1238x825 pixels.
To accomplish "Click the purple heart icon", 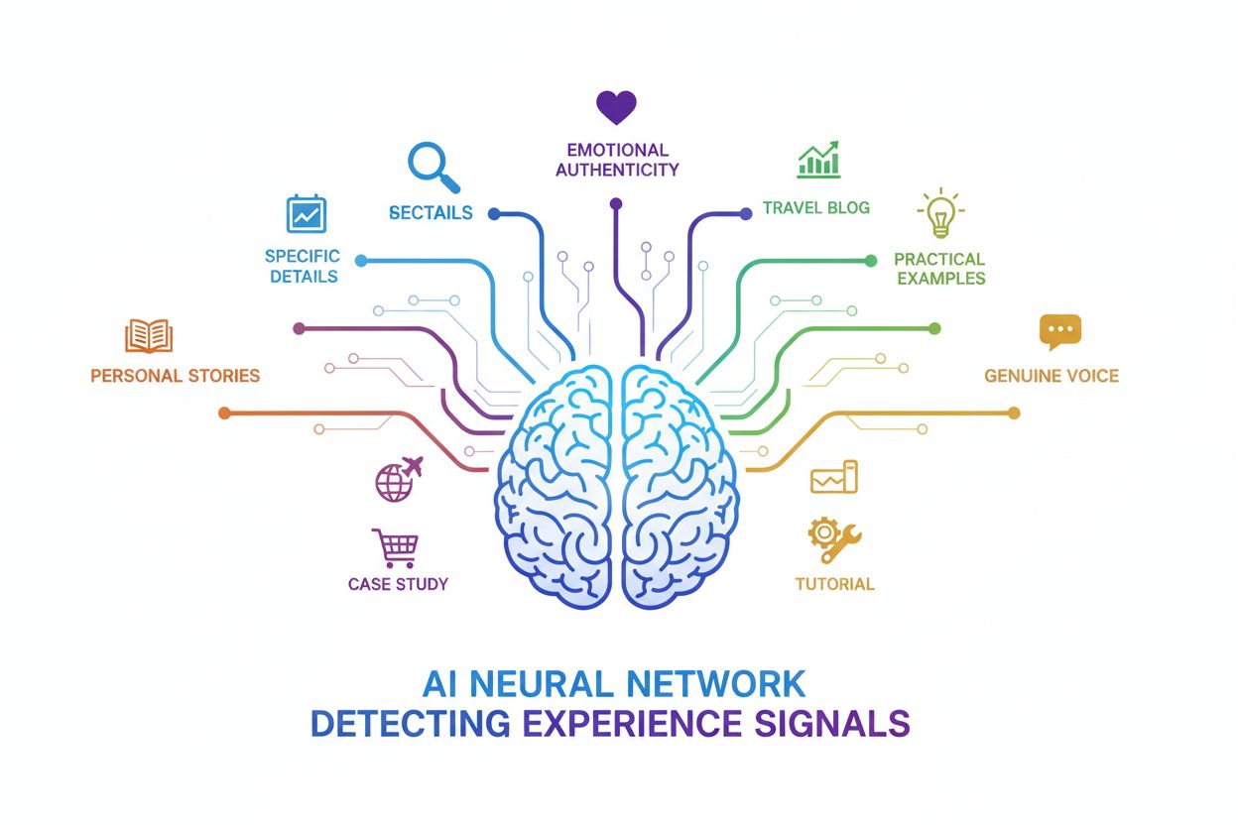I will (615, 106).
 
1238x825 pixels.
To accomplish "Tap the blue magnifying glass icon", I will (433, 167).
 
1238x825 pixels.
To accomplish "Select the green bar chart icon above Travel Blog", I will (817, 160).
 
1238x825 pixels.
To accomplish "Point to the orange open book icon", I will (149, 336).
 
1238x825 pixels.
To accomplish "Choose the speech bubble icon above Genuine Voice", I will (1059, 332).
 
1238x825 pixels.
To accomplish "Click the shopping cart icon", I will (395, 547).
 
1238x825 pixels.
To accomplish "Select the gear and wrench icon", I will (833, 537).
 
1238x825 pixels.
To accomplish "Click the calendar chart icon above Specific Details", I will (306, 213).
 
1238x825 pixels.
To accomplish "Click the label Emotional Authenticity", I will (617, 160).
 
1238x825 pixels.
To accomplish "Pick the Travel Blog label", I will (815, 208).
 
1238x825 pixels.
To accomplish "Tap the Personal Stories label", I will (175, 376).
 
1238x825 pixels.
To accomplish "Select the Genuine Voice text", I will (1051, 376).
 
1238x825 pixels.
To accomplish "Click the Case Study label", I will (398, 584).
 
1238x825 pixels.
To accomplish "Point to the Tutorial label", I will (834, 584).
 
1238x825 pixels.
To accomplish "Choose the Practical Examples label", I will (939, 269).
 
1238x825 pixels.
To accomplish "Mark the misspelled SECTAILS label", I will (431, 213).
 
